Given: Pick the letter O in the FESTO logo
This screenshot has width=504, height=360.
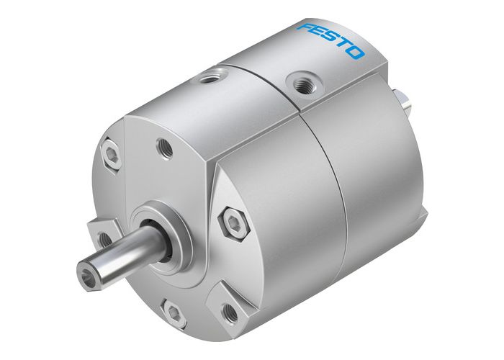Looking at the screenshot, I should point(356,54).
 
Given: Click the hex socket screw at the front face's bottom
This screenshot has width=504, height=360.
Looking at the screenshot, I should point(172,310).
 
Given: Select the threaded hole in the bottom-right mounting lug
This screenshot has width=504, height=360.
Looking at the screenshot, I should point(230,312).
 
